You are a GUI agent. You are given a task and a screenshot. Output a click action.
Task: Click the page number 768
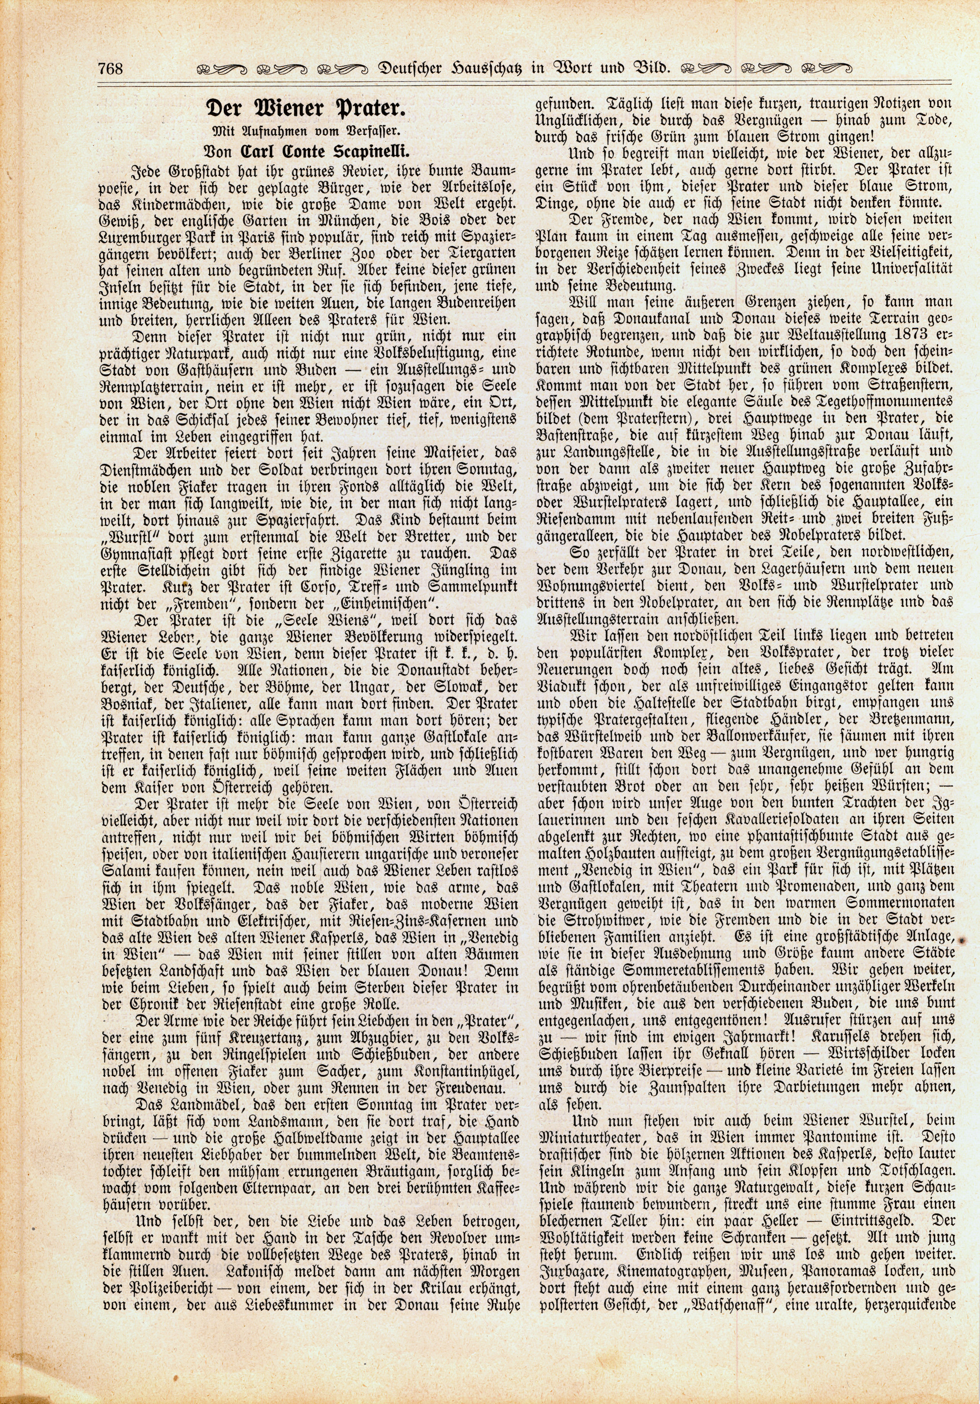110,67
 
